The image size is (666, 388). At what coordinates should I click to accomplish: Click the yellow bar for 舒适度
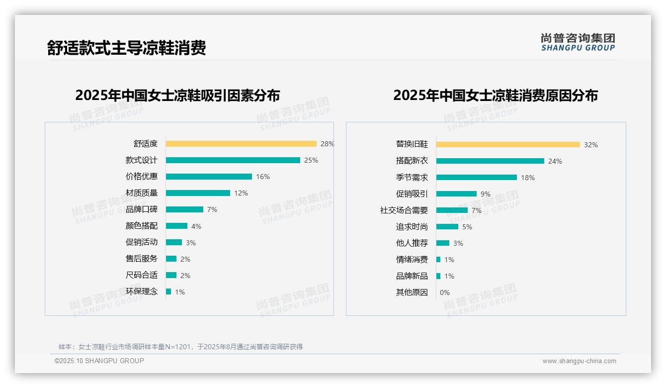(241, 144)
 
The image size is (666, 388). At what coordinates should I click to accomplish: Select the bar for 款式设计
(233, 160)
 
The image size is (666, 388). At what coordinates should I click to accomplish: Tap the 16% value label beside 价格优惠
(263, 177)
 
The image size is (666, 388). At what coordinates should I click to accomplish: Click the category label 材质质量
(141, 193)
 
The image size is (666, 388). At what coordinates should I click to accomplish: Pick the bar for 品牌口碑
(184, 209)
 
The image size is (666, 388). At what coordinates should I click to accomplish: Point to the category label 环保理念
(141, 291)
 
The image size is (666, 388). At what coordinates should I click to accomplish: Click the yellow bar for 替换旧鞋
(508, 145)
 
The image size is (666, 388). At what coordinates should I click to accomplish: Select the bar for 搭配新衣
(490, 161)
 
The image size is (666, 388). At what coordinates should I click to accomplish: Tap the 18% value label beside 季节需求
(528, 178)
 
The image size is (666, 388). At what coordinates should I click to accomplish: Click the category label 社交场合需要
(404, 210)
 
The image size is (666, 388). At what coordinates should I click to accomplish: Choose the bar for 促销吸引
(456, 194)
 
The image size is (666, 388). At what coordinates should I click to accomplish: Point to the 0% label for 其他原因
(445, 292)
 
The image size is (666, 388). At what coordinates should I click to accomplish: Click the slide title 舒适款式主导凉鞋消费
(126, 48)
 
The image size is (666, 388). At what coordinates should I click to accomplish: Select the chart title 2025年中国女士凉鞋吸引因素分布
(177, 95)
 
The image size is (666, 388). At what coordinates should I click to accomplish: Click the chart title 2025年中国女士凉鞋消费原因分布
(495, 95)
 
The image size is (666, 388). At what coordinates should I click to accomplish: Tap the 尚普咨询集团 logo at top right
(578, 42)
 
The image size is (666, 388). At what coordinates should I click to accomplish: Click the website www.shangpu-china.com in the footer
(579, 361)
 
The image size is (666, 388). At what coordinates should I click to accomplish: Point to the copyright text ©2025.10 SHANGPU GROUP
(99, 361)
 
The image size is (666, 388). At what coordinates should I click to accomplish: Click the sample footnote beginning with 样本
(180, 347)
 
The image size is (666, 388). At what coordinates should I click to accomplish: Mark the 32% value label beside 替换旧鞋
(591, 145)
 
